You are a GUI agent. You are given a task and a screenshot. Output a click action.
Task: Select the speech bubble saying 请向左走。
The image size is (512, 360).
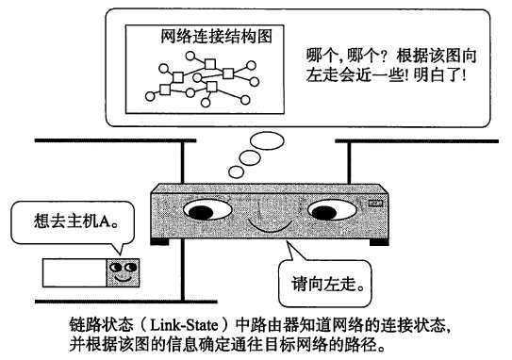(326, 280)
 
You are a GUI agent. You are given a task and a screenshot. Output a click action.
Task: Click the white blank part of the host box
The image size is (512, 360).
(73, 272)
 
